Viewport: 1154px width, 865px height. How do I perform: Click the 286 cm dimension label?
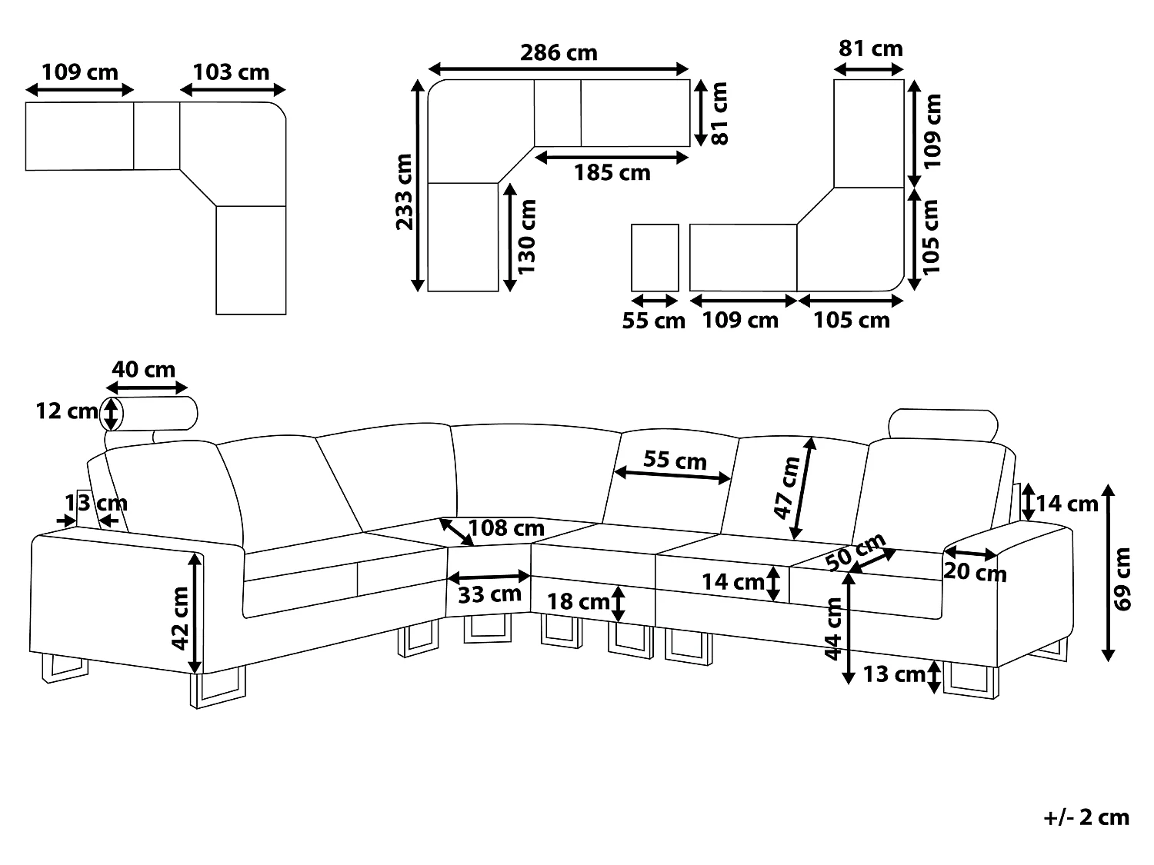coord(559,52)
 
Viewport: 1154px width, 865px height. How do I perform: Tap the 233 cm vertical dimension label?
coord(405,191)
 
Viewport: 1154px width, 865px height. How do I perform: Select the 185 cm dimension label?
coord(612,172)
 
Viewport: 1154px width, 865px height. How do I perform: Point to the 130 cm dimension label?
coord(526,237)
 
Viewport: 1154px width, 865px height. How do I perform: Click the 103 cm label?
coord(231,72)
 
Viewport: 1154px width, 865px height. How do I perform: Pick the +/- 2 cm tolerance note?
coord(1086,818)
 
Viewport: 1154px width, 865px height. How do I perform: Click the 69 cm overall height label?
coord(1122,579)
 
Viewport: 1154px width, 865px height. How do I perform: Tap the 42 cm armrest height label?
coord(180,618)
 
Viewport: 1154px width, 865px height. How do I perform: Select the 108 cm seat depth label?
coord(506,527)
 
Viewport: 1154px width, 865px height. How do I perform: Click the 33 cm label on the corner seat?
coord(489,594)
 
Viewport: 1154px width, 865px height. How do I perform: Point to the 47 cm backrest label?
coord(787,487)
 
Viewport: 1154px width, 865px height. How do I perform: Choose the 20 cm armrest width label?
coord(976,571)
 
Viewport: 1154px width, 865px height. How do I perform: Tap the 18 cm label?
coord(579,601)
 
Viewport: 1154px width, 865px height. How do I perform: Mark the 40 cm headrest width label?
coord(144,369)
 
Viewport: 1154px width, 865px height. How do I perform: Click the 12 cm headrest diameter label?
coord(67,411)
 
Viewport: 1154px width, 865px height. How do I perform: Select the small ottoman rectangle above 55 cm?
coord(655,258)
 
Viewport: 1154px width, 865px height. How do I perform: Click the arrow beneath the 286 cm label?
coord(559,68)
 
